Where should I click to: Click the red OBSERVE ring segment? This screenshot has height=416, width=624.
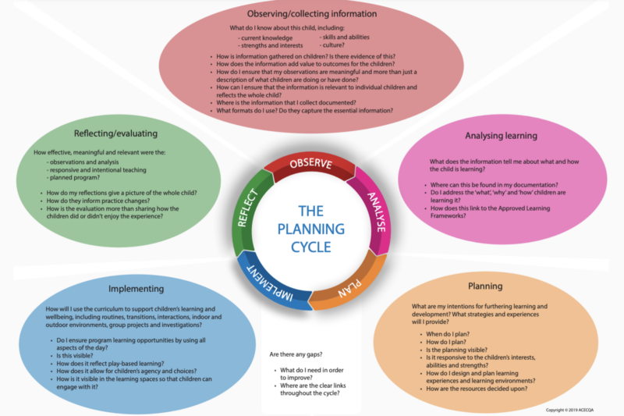[310, 164]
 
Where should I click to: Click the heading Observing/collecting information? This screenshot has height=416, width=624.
[313, 15]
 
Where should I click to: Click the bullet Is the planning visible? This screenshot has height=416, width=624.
[459, 349]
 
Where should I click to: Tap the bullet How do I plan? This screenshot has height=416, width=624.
[445, 341]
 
